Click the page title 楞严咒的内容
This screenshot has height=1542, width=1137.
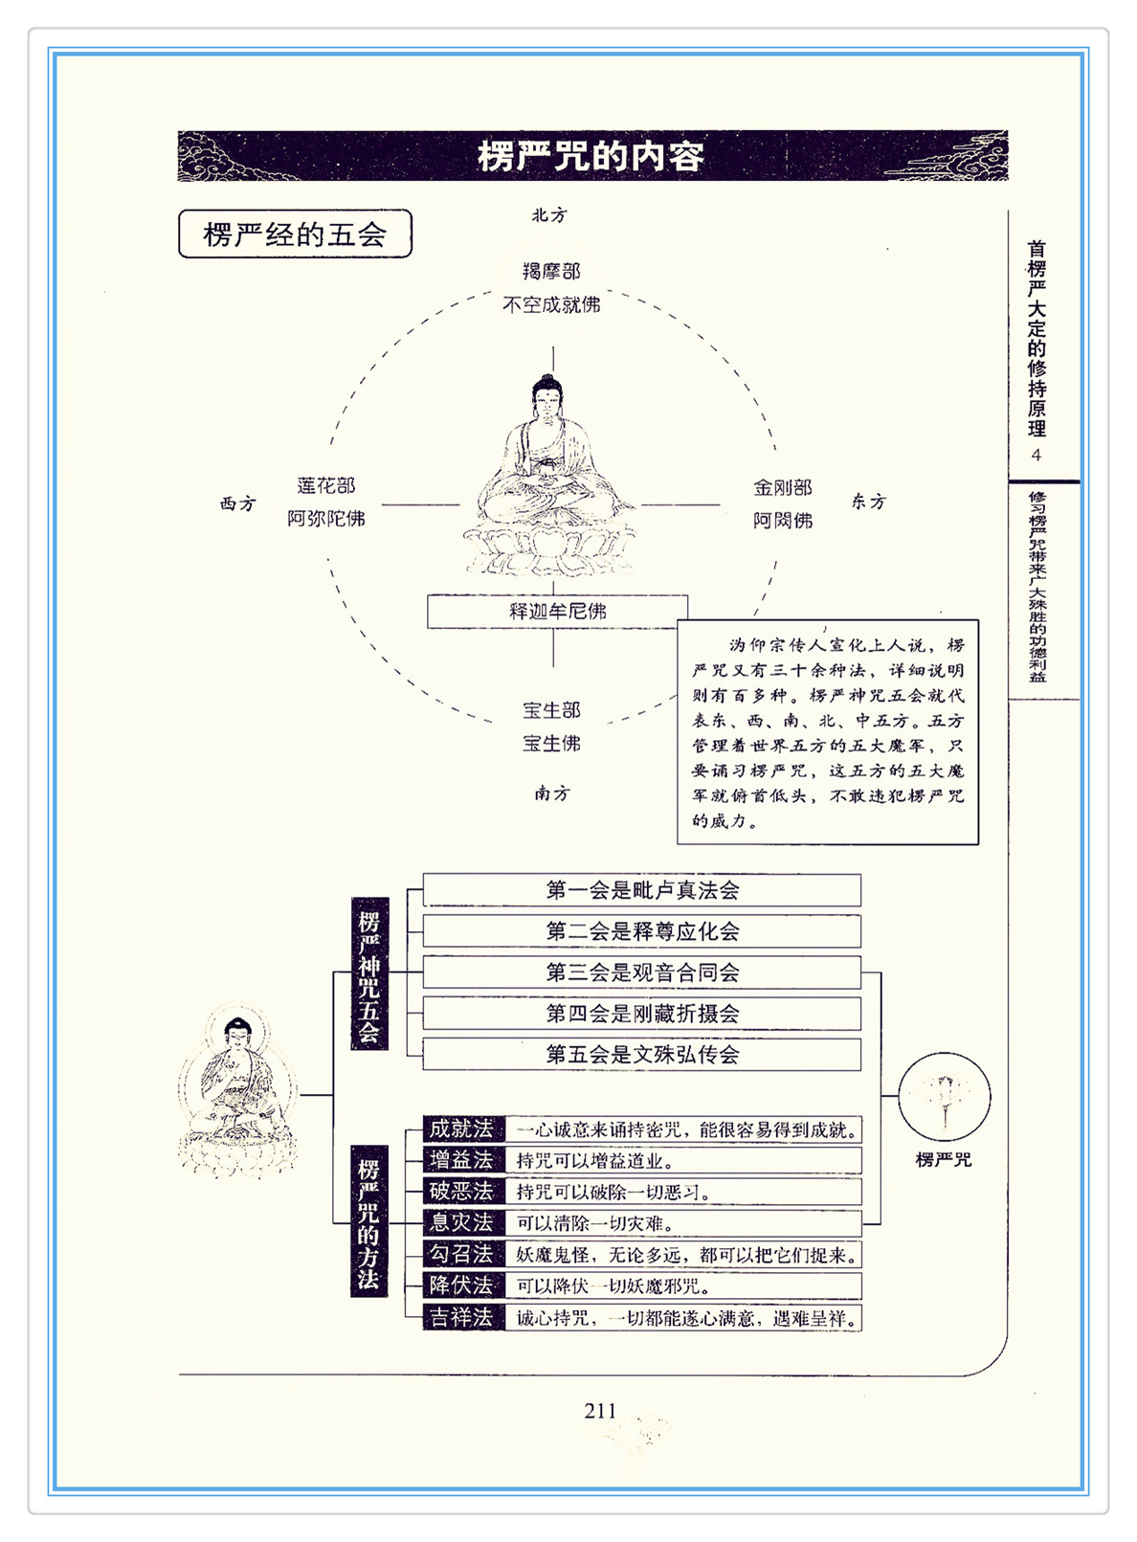click(x=591, y=156)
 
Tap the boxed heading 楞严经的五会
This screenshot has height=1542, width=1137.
click(x=295, y=235)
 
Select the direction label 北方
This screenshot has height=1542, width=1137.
click(x=549, y=215)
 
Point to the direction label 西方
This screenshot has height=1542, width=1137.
click(x=237, y=503)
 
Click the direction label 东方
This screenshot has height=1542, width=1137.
click(x=869, y=502)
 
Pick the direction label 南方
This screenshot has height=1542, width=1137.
click(x=552, y=793)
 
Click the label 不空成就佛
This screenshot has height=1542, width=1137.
click(x=552, y=304)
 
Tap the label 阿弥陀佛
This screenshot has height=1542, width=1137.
click(x=326, y=519)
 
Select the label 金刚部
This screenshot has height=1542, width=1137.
click(x=782, y=487)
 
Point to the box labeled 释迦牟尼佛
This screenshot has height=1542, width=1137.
click(x=557, y=611)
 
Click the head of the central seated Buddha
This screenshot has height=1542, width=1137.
click(x=546, y=395)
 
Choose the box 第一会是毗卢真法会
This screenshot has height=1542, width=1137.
click(x=641, y=890)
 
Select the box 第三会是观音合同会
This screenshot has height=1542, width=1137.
click(x=641, y=972)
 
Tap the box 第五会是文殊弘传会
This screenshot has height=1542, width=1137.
click(x=641, y=1055)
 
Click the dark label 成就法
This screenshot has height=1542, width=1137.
click(x=461, y=1129)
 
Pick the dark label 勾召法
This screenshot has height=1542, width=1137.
click(x=461, y=1254)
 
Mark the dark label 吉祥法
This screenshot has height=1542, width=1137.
click(x=461, y=1317)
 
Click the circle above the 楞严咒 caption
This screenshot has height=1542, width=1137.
click(x=944, y=1097)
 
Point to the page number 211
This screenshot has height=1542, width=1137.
click(x=600, y=1410)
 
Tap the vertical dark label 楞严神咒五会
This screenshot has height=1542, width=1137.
click(x=369, y=974)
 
